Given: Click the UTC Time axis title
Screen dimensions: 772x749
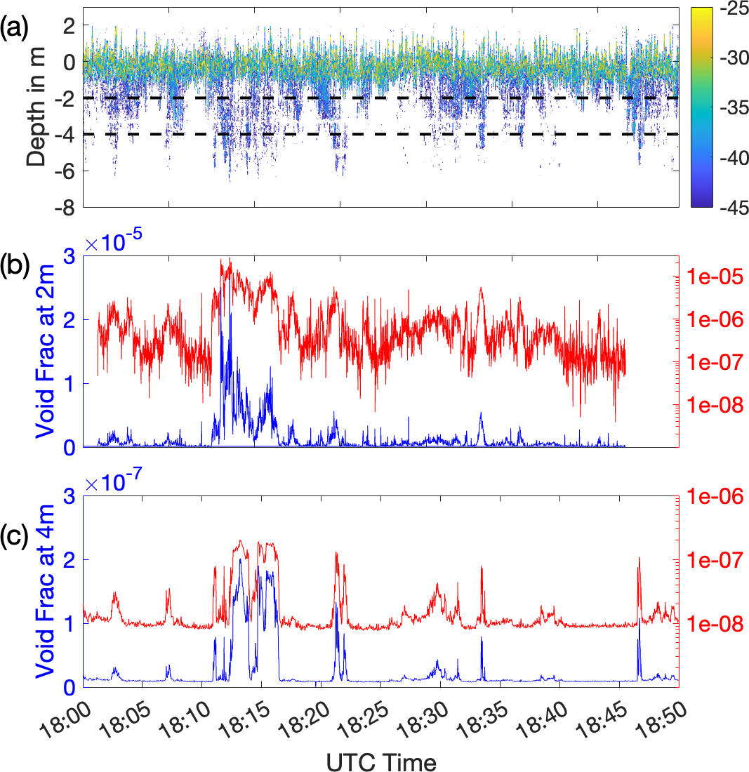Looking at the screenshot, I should coord(380,761).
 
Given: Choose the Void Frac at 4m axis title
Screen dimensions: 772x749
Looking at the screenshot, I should coord(44,592).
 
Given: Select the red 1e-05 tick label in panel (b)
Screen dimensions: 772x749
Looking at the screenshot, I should coord(714,277).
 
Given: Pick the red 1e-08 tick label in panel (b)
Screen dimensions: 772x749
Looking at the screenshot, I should coord(714,406).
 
